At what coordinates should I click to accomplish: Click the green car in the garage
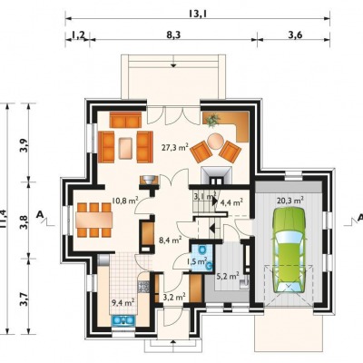289,250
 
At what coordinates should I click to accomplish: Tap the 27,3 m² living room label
175,148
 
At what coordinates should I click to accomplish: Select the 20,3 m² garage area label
290,200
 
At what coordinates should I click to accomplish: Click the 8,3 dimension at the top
173,34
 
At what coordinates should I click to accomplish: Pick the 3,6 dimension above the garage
295,34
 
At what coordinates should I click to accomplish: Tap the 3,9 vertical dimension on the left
24,145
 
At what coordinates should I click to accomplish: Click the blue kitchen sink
123,320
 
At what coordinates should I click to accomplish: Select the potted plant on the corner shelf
213,121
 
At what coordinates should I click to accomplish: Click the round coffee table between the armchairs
216,142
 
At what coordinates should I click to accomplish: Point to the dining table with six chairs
94,220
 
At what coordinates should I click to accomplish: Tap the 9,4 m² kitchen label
123,302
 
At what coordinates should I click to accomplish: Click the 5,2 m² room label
228,276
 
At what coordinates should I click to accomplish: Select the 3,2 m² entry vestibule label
174,297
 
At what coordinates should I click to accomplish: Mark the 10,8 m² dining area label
125,201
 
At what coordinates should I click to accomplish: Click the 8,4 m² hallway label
170,240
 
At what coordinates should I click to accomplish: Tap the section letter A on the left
39,214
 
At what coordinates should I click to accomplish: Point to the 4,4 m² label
231,201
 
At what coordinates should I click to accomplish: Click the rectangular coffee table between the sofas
125,148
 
